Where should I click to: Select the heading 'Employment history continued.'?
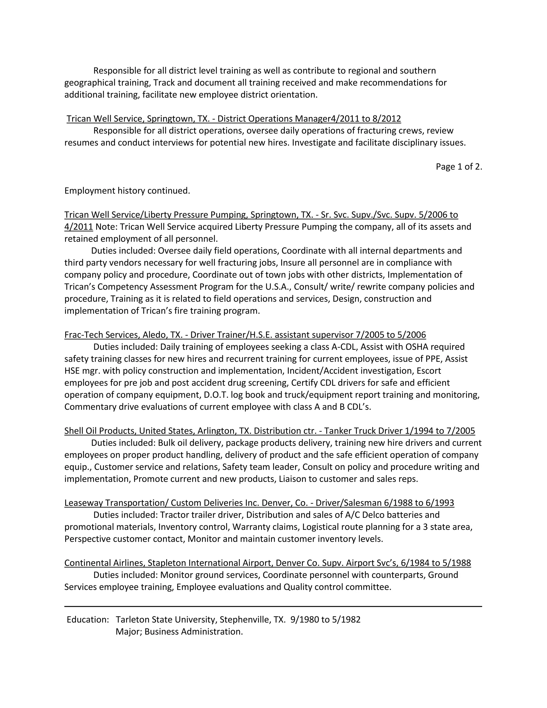pyautogui.click(x=127, y=190)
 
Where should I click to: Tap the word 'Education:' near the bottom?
pyautogui.click(x=88, y=620)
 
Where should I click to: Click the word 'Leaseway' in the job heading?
pyautogui.click(x=83, y=503)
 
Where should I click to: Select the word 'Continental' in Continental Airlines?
pyautogui.click(x=88, y=563)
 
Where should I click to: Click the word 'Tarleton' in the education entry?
pyautogui.click(x=132, y=620)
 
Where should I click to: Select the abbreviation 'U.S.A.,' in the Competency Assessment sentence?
pyautogui.click(x=278, y=287)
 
